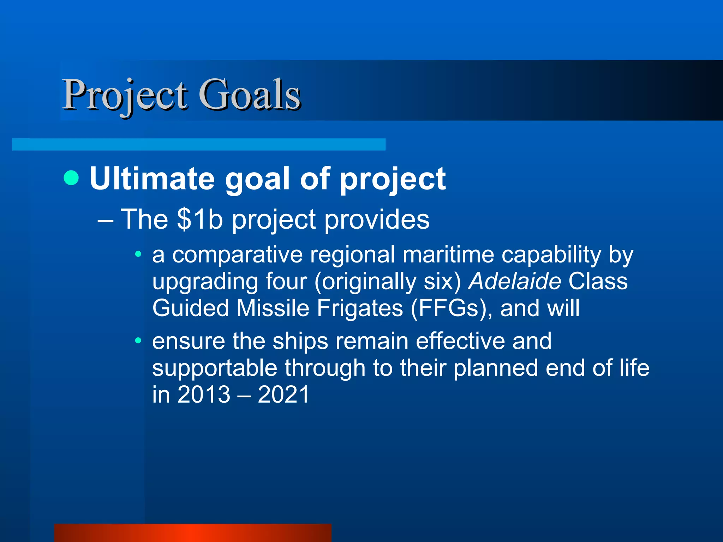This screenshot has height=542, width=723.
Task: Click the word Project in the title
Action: (x=124, y=95)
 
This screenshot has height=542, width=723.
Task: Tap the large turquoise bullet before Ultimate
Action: (x=71, y=178)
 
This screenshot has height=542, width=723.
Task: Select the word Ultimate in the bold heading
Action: (x=152, y=179)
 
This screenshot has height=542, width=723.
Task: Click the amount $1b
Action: (x=200, y=219)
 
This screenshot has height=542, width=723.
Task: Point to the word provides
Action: (x=377, y=219)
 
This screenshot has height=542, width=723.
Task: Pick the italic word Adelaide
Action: (x=514, y=281)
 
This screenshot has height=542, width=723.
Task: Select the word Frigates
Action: (x=360, y=308)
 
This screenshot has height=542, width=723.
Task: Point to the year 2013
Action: (x=204, y=395)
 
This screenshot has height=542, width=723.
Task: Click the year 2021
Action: (x=283, y=395)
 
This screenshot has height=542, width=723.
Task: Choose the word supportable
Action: (x=215, y=368)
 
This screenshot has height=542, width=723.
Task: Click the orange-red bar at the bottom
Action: (x=193, y=532)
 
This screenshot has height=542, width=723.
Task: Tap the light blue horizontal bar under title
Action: (x=198, y=144)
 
